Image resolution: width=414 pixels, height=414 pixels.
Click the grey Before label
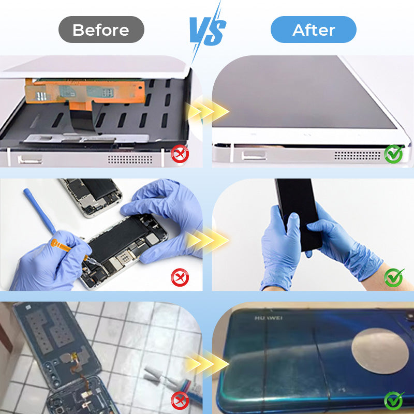[x=101, y=29]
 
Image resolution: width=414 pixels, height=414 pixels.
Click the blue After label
[x=314, y=29]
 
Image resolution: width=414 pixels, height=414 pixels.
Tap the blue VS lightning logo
[x=208, y=31]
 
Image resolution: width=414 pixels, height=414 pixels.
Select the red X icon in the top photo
[x=180, y=154]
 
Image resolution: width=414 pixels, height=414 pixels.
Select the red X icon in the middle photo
[x=180, y=277]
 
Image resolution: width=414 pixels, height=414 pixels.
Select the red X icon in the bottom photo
[x=180, y=401]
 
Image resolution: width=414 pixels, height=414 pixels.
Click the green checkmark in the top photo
[x=394, y=154]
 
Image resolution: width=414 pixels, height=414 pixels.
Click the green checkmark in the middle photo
[x=394, y=277]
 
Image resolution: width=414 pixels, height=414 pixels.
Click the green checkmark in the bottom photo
[x=394, y=401]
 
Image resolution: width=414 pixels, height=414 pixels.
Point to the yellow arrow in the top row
[x=208, y=112]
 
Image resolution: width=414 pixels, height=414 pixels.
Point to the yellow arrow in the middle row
[x=208, y=240]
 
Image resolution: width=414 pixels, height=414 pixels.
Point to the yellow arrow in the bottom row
[x=208, y=364]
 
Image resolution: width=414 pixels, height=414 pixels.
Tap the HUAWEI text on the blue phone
[x=269, y=318]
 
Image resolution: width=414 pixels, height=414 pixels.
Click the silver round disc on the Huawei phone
[x=380, y=351]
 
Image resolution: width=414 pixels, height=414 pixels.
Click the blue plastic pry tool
[x=40, y=211]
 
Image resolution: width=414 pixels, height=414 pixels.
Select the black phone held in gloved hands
[x=299, y=214]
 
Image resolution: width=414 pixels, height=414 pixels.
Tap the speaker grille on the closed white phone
[x=358, y=156]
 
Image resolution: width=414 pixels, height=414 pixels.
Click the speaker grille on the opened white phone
[x=130, y=159]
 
